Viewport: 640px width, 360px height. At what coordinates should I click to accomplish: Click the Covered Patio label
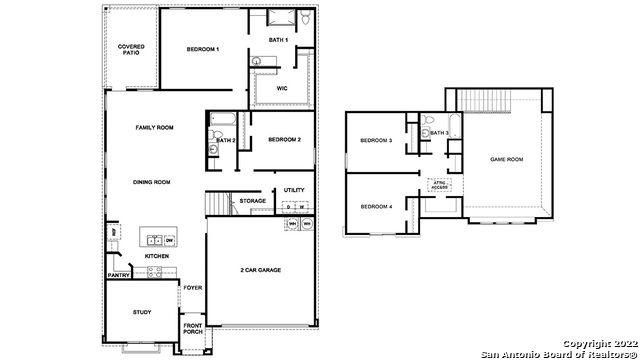coord(130,49)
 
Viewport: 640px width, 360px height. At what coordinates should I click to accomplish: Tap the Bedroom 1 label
coord(203,49)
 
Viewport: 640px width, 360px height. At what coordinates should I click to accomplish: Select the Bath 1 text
coord(278,40)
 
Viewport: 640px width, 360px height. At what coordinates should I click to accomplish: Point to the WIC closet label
coord(282,88)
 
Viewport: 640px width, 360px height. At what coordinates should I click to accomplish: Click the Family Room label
coord(155,128)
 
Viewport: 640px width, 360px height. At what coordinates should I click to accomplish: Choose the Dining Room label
coord(152,182)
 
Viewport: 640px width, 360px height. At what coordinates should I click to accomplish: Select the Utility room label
coord(294,189)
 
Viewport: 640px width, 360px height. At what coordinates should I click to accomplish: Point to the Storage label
coord(252,201)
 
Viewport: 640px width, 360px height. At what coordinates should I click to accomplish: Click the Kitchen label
coord(157,256)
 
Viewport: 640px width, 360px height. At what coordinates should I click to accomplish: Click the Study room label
coord(142,312)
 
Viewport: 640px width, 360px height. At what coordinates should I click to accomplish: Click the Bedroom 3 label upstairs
coord(375,141)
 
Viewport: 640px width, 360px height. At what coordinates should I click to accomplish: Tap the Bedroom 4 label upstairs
coord(375,206)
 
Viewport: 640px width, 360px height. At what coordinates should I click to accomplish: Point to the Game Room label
coord(506,159)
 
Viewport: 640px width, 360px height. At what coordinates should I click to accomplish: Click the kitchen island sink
coord(152,240)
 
